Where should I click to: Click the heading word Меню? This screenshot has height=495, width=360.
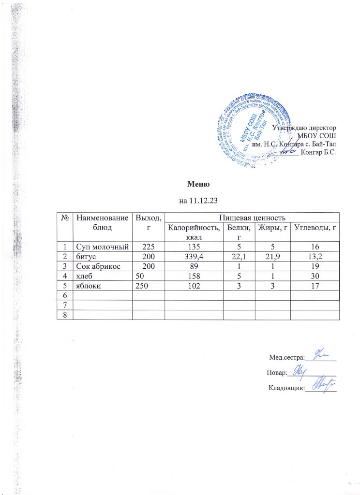[x=198, y=184]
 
